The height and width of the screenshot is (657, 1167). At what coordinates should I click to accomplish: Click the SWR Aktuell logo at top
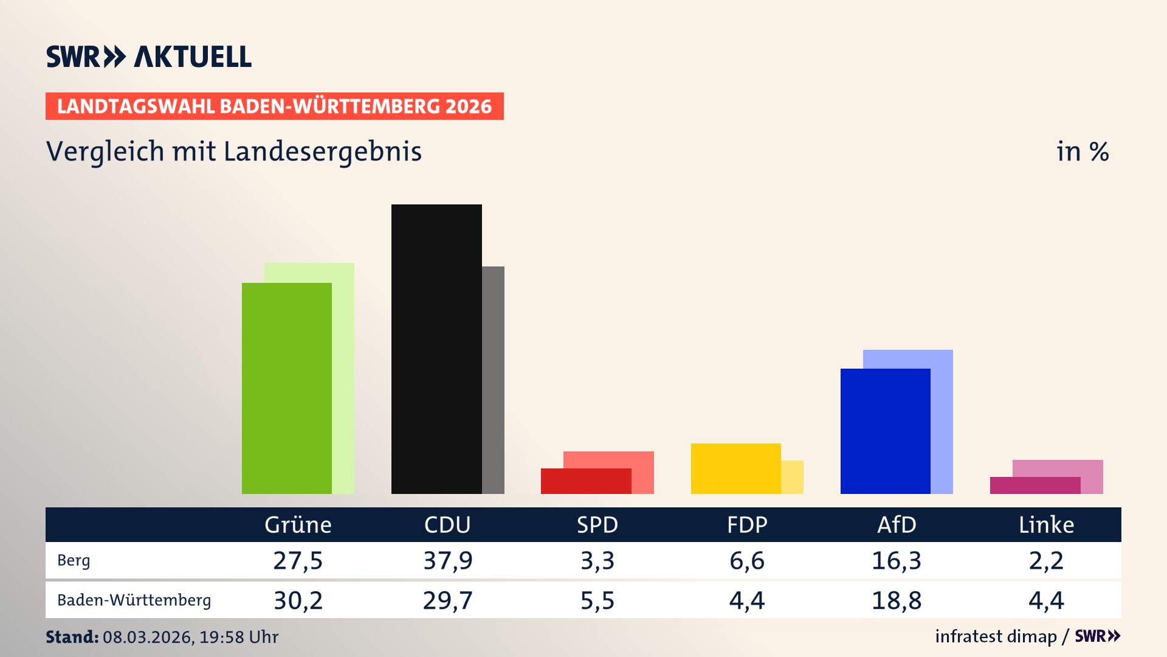(149, 57)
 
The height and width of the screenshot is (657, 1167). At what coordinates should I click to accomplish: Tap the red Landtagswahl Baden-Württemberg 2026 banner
(274, 106)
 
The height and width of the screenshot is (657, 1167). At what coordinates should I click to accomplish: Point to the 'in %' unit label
(1082, 152)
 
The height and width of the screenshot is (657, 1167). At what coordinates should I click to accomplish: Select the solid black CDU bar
(436, 349)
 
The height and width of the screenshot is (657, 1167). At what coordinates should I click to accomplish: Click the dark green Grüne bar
(287, 388)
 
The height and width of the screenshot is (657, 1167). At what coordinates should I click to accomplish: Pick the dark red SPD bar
(585, 481)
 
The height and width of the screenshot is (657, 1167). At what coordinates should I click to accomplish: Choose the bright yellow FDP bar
(735, 468)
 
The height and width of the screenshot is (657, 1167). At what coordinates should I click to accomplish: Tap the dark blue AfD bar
(885, 431)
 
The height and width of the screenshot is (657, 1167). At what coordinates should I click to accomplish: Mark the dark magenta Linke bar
(1034, 485)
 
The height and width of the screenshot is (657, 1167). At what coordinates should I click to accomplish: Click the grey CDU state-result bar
(493, 380)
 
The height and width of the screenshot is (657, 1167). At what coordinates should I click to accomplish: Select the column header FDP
(747, 525)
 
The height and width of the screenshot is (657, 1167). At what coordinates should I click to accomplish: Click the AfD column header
(897, 525)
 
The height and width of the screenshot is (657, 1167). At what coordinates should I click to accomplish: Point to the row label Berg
(74, 560)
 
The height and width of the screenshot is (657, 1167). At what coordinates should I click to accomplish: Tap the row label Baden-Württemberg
(134, 600)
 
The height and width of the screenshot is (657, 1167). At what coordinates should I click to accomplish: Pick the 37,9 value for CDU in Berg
(448, 560)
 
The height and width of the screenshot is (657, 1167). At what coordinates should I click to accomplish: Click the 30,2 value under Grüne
(298, 600)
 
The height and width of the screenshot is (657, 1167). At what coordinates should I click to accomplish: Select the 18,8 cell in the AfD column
(897, 600)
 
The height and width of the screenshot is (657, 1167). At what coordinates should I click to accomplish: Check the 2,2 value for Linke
(1046, 560)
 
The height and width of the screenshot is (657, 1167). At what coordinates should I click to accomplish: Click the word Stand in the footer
(72, 637)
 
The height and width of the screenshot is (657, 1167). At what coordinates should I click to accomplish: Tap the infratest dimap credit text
(996, 636)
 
